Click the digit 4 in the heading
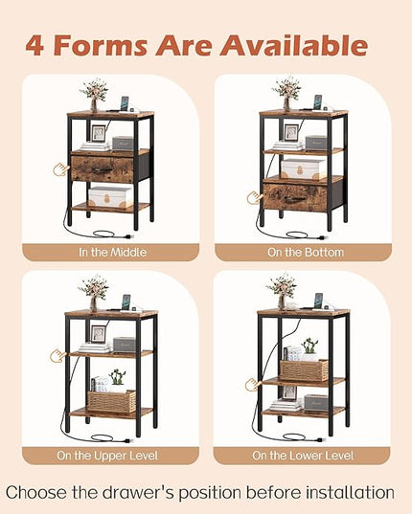(34, 45)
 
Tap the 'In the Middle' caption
(112, 253)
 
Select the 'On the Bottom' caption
(306, 253)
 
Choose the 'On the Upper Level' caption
(107, 456)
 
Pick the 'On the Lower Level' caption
(303, 456)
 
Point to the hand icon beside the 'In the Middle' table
(61, 169)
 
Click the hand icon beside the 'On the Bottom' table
(254, 198)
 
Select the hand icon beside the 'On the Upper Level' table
(58, 356)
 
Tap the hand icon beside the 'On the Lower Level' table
(253, 384)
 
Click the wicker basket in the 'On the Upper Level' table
(111, 401)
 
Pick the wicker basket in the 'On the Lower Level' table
(304, 370)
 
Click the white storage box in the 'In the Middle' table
(110, 197)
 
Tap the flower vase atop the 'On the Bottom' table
(286, 95)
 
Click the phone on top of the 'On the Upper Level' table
(126, 302)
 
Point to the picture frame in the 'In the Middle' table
(98, 133)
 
